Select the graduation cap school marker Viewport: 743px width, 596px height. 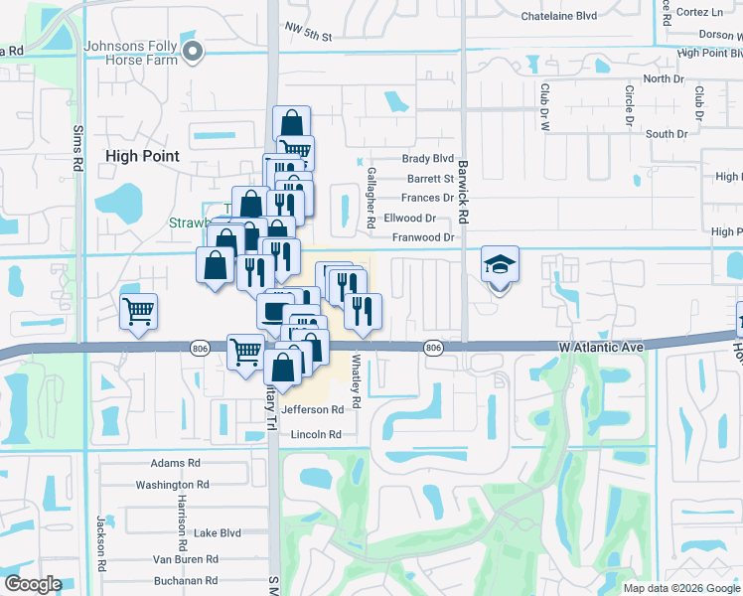pyautogui.click(x=500, y=266)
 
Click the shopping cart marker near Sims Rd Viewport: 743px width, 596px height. pyautogui.click(x=138, y=311)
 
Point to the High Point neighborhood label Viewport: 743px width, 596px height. pyautogui.click(x=142, y=156)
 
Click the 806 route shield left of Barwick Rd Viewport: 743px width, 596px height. pyautogui.click(x=432, y=347)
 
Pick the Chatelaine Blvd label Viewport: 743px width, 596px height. pyautogui.click(x=559, y=16)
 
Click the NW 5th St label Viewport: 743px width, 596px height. pyautogui.click(x=306, y=34)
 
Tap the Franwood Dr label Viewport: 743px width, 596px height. pyautogui.click(x=422, y=237)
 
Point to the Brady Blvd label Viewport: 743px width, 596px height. pyautogui.click(x=427, y=159)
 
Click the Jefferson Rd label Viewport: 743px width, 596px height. pyautogui.click(x=312, y=409)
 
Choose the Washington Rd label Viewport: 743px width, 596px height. pyautogui.click(x=172, y=485)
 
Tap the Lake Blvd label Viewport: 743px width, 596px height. pyautogui.click(x=218, y=533)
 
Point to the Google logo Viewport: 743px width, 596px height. pyautogui.click(x=34, y=583)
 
